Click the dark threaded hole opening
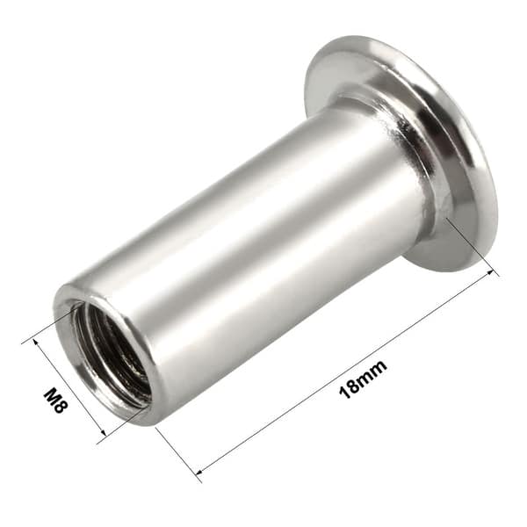tap(112, 351)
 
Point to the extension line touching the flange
tap(470, 246)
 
